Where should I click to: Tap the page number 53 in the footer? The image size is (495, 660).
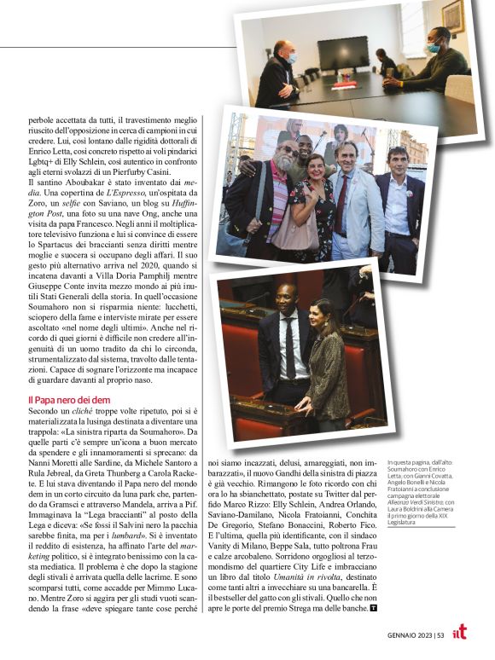click(x=440, y=634)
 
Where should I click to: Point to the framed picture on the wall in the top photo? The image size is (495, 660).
click(x=453, y=16)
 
